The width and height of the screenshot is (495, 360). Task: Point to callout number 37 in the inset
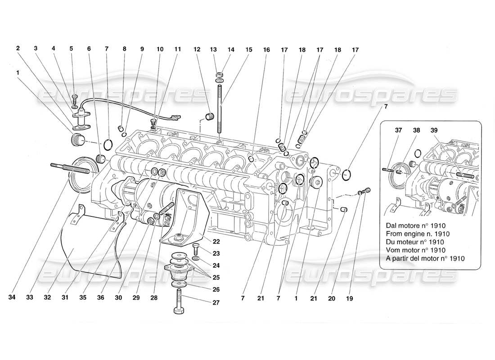pyautogui.click(x=398, y=130)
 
